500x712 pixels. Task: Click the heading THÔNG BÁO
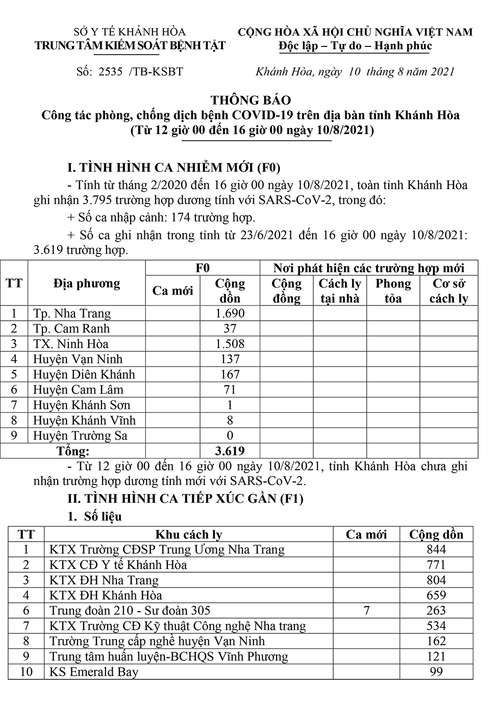pos(251,100)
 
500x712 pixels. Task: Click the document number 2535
pos(111,72)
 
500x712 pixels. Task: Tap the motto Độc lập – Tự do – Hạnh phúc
pos(355,46)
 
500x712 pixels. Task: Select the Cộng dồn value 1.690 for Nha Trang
pos(230,313)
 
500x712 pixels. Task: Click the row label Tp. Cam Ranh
pos(71,328)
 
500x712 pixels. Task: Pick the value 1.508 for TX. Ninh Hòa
pos(230,344)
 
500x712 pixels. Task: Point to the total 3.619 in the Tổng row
pos(230,451)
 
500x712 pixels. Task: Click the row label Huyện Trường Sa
pos(80,436)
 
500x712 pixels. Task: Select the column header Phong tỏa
pos(393,291)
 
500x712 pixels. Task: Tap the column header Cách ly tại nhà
pos(340,291)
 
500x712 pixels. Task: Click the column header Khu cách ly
pos(189,535)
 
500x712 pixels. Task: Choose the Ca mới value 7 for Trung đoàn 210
pos(366,611)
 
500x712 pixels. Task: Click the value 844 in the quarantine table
pos(436,549)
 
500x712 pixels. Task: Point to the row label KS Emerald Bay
pos(94,672)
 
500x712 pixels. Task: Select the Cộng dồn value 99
pos(436,672)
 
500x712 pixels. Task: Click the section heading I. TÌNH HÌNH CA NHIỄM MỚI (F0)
pos(174,167)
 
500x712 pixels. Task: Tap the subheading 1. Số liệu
pos(95,517)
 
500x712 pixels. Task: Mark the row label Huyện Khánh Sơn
pos(82,405)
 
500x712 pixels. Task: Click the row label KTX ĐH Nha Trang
pos(104,580)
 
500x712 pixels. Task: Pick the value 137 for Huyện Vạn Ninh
pos(230,359)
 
